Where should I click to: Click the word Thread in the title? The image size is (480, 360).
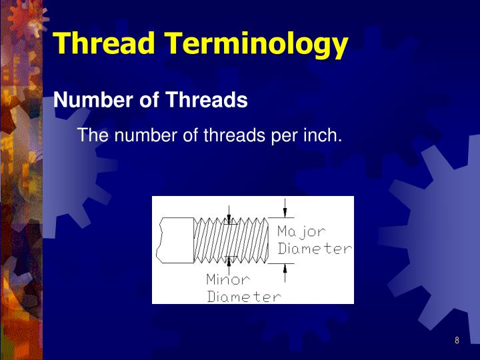(x=105, y=43)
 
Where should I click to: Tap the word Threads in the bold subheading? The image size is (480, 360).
(x=207, y=101)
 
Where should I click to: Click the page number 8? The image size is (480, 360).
(x=457, y=341)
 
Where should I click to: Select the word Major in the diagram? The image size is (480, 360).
(x=301, y=232)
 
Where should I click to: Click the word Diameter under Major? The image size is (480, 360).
(x=315, y=249)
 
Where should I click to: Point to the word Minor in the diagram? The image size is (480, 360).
(x=227, y=279)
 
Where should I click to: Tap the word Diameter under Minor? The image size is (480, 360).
(x=243, y=297)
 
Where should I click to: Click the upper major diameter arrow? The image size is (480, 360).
(x=285, y=209)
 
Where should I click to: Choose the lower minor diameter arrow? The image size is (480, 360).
(x=229, y=262)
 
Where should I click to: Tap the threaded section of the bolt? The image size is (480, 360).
(x=230, y=240)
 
